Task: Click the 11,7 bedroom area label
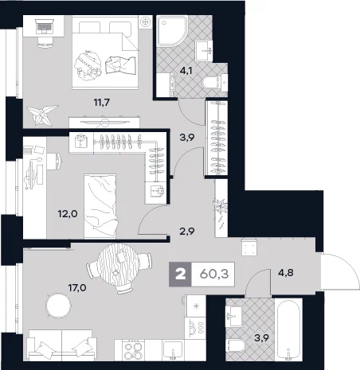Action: coord(102,102)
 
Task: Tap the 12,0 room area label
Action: coord(68,213)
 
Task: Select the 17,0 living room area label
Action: coord(77,287)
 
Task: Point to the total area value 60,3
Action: coord(214,275)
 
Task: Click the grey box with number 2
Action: coord(180,275)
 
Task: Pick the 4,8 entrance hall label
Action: coord(286,272)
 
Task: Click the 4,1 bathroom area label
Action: coord(186,71)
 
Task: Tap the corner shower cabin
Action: coord(172,31)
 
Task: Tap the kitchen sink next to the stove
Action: coord(173,350)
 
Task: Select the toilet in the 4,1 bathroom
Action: coord(212,82)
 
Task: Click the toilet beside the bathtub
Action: coord(235,345)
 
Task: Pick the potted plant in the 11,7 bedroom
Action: coord(42,115)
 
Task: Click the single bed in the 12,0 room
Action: coord(100,206)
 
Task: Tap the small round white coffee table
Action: coord(58,306)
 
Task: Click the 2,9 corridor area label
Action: coord(187,232)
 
